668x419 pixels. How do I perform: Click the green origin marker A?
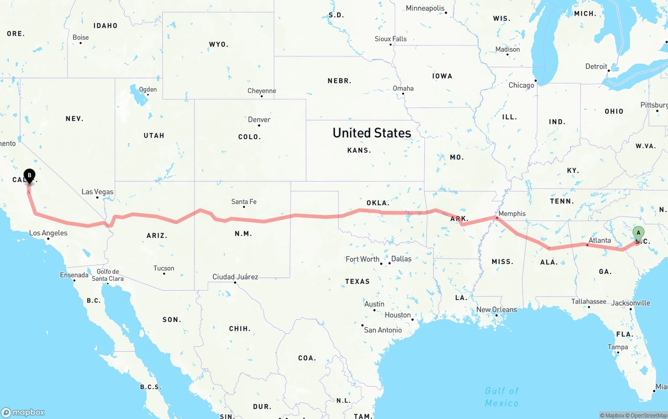pyautogui.click(x=638, y=233)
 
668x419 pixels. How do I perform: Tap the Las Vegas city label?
pyautogui.click(x=98, y=192)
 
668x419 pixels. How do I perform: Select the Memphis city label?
pyautogui.click(x=512, y=213)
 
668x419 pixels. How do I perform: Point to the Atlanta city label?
pyautogui.click(x=600, y=241)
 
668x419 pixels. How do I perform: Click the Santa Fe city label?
pyautogui.click(x=244, y=202)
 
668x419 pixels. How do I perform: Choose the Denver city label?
pyautogui.click(x=259, y=119)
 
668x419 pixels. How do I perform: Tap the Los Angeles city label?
pyautogui.click(x=48, y=233)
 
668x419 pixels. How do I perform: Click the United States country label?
pyautogui.click(x=372, y=133)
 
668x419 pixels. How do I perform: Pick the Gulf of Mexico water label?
pyautogui.click(x=502, y=397)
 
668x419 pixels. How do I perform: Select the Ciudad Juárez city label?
pyautogui.click(x=235, y=277)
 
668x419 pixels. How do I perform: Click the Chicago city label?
pyautogui.click(x=521, y=85)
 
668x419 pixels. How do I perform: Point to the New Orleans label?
pyautogui.click(x=497, y=309)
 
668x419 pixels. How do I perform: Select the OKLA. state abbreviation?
pyautogui.click(x=378, y=203)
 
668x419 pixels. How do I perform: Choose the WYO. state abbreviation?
pyautogui.click(x=218, y=44)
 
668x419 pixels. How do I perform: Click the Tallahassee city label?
pyautogui.click(x=588, y=301)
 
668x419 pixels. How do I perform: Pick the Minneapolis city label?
pyautogui.click(x=425, y=8)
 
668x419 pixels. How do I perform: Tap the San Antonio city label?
pyautogui.click(x=383, y=330)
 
